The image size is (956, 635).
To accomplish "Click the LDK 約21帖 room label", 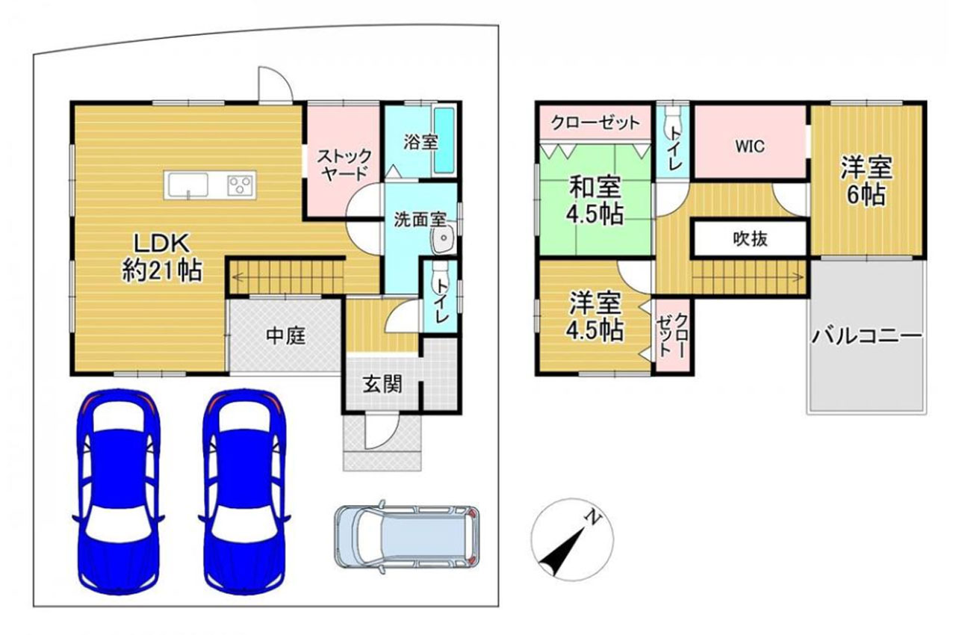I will pyautogui.click(x=162, y=256).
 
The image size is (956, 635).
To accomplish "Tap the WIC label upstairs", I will pyautogui.click(x=749, y=146).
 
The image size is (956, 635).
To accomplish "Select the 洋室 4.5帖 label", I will pyautogui.click(x=596, y=317).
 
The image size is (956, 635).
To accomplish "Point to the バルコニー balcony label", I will pyautogui.click(x=866, y=335).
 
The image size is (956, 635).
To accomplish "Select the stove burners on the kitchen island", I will pyautogui.click(x=241, y=183).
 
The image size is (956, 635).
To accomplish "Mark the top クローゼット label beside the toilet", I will pyautogui.click(x=595, y=122).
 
